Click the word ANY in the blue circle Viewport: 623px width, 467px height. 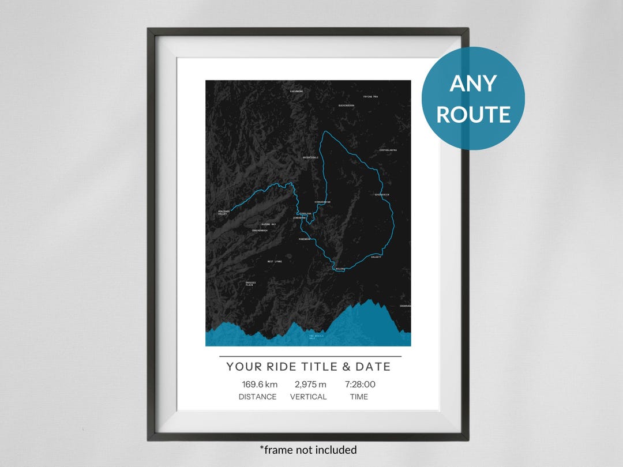(x=473, y=84)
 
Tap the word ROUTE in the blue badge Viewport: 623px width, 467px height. (x=473, y=114)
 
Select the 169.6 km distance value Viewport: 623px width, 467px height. (x=260, y=384)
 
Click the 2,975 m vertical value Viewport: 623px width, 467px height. (x=310, y=384)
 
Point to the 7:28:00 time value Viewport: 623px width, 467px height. (x=360, y=384)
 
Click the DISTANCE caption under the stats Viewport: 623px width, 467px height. (x=257, y=397)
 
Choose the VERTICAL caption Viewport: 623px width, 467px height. (x=308, y=397)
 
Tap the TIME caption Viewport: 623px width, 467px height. (x=358, y=397)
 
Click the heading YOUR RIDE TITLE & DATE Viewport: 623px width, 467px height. (x=308, y=367)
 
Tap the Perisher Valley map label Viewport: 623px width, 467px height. (x=223, y=213)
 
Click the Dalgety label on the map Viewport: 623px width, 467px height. (x=376, y=257)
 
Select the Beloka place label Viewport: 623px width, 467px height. (x=340, y=269)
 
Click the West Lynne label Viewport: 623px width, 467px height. (x=275, y=262)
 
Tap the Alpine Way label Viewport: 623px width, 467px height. (x=269, y=224)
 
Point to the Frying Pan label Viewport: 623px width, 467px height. (x=370, y=97)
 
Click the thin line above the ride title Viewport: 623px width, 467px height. (x=310, y=357)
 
